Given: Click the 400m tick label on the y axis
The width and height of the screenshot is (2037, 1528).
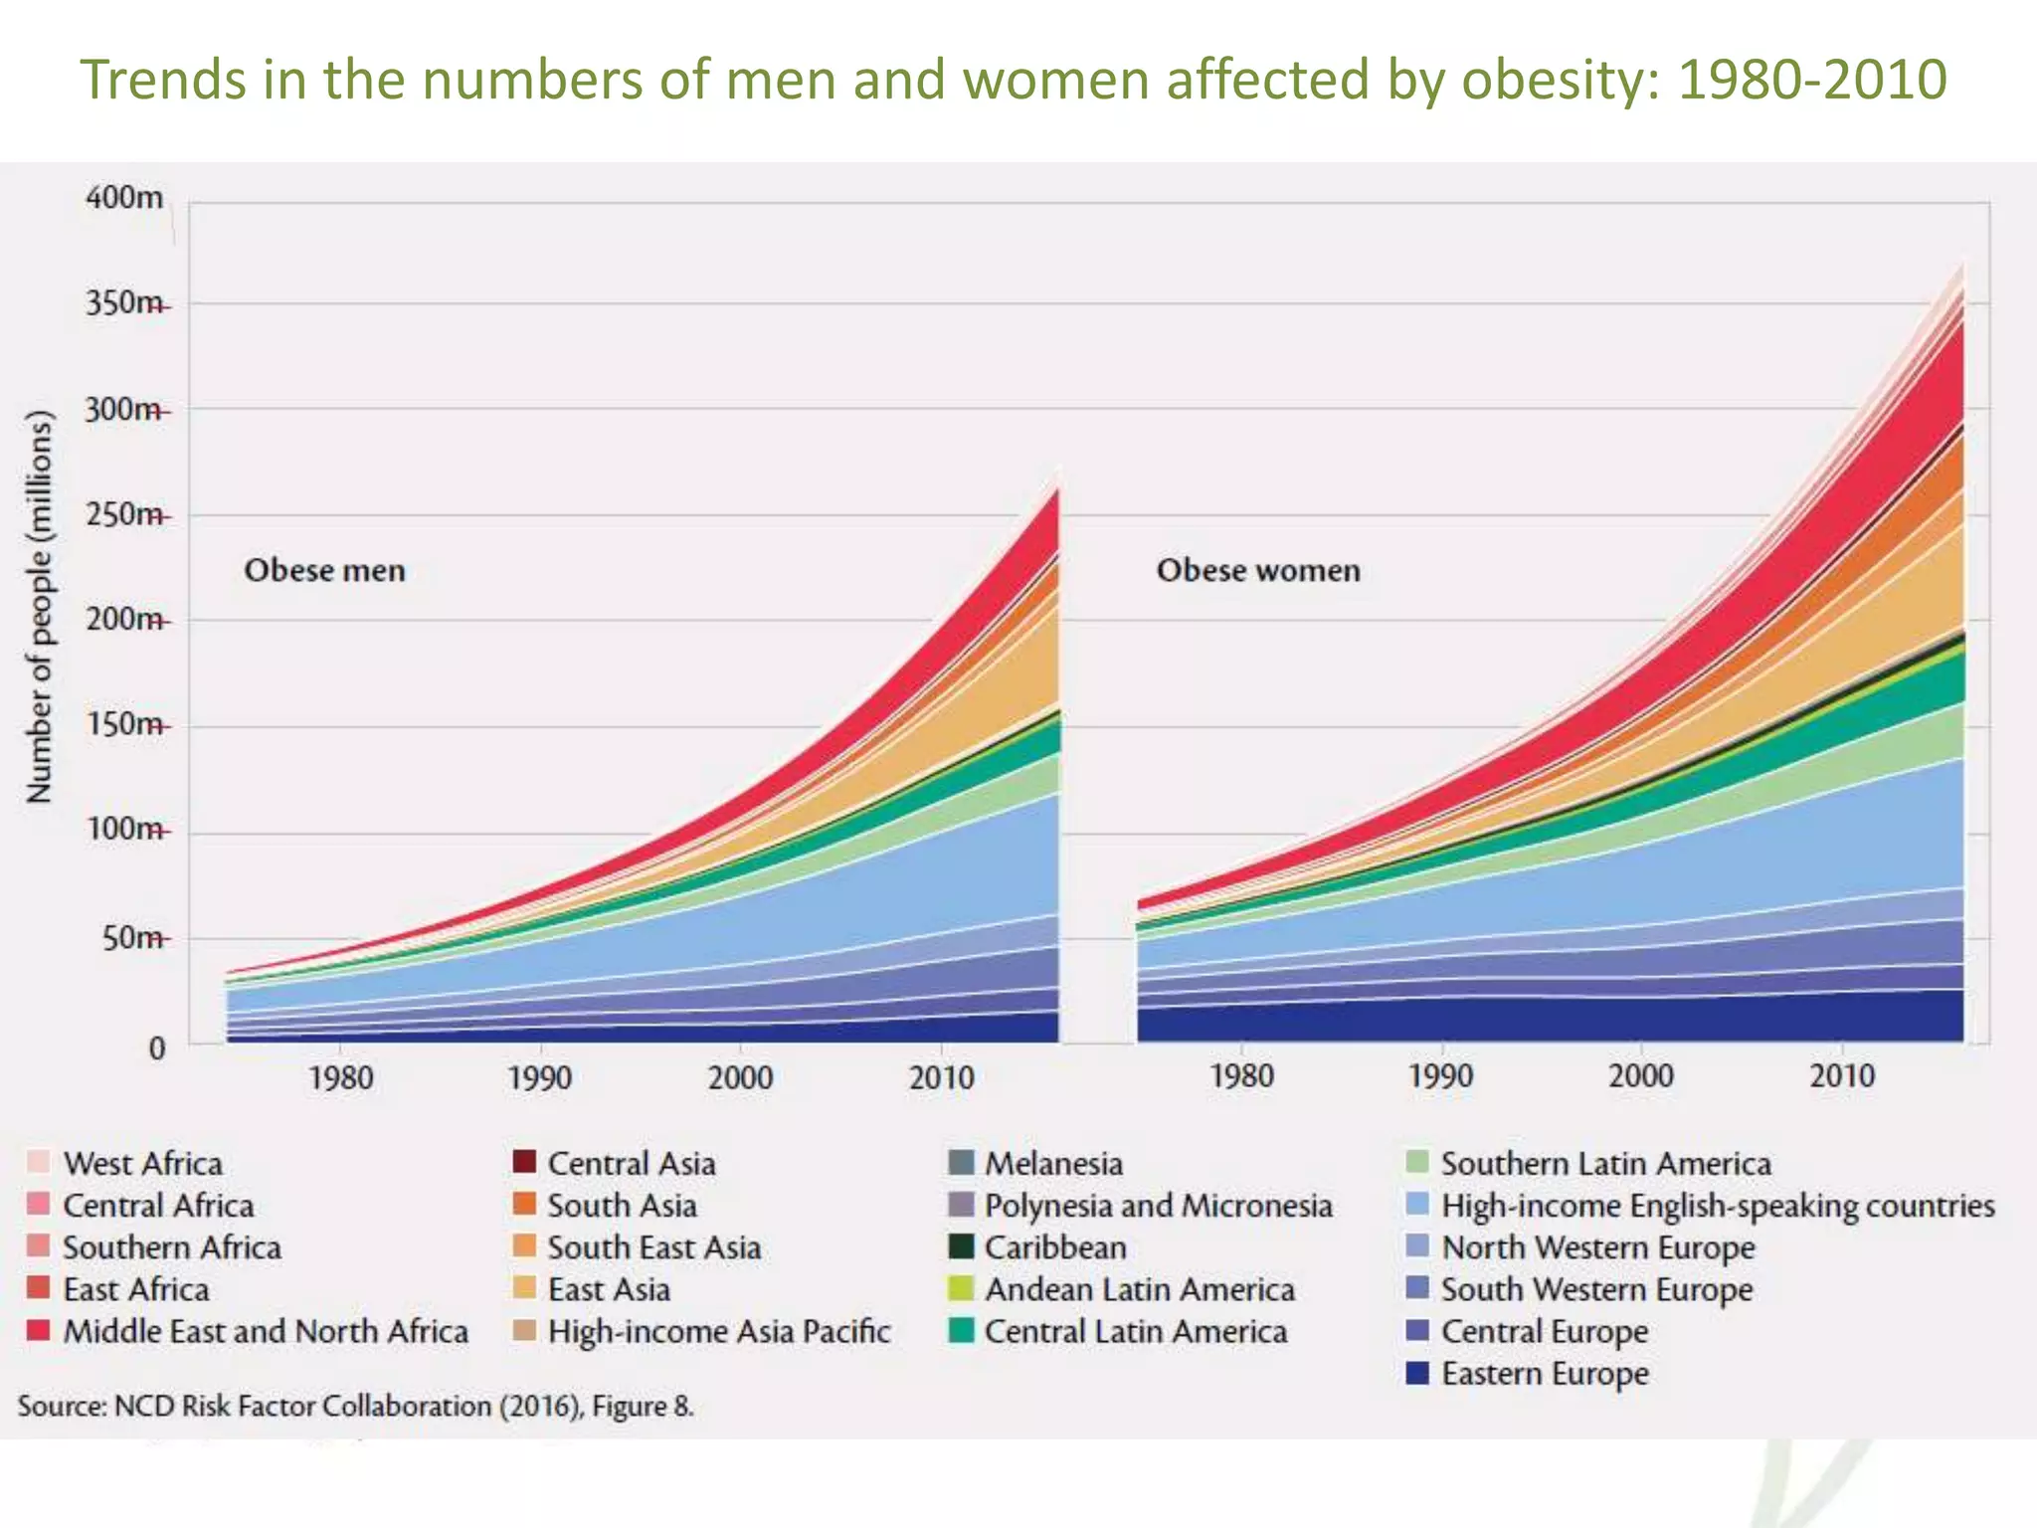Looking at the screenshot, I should pos(124,198).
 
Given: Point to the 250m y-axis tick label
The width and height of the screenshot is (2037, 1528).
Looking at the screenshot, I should pos(124,515).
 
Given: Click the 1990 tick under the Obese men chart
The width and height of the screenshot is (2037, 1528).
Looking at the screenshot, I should pos(540,1078).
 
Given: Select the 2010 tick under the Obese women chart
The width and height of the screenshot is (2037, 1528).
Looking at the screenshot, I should pos(1842,1076).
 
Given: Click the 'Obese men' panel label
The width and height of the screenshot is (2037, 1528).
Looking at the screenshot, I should pos(325,571).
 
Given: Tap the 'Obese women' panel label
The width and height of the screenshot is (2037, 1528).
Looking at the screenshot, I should pos(1258,571).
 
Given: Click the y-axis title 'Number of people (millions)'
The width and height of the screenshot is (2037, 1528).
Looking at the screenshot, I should pos(38,607).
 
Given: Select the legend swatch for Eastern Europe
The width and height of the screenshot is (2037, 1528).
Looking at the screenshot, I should pos(1417,1374).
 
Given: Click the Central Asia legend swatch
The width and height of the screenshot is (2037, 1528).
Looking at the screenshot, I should pos(524,1162).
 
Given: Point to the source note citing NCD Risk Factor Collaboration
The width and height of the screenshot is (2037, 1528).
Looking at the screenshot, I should pos(355,1407).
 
